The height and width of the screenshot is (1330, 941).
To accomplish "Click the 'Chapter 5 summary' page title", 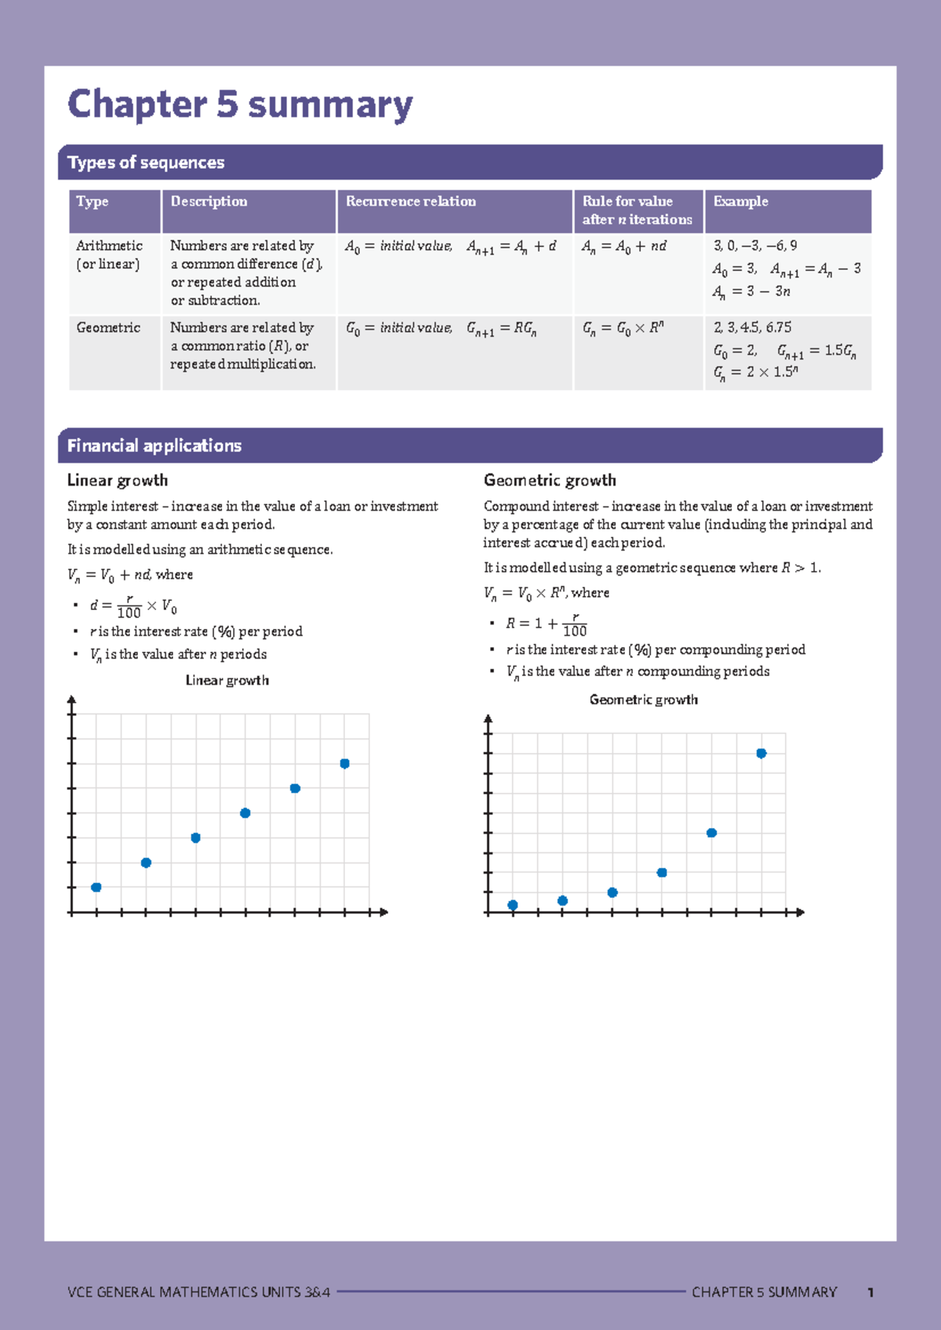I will point(239,104).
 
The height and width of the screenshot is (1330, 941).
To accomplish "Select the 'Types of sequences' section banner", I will point(146,162).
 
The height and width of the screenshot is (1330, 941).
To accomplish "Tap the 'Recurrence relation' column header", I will point(411,202).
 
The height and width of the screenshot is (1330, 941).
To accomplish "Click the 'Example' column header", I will point(740,202).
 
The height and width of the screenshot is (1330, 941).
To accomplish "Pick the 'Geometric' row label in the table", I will point(108,328).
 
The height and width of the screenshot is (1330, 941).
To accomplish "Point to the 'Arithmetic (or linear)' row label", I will point(109,255).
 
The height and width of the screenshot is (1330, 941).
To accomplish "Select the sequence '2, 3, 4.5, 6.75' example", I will point(752,328).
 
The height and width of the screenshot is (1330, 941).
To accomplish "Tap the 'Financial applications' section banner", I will point(154,445).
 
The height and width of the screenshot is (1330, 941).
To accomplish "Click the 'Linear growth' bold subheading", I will point(118,480).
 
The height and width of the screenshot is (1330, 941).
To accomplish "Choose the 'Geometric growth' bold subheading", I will point(550,480).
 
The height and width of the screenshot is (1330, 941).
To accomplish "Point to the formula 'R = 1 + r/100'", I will point(546,624).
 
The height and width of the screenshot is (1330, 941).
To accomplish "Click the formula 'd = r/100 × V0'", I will point(133,606).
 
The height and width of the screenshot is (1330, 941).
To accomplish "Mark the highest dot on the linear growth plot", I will point(344,763).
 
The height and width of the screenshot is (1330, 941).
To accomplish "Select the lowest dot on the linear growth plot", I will point(96,887).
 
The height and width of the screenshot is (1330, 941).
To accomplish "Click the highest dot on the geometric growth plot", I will point(761,753).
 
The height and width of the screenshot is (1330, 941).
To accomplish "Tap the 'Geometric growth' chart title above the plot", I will point(643,700).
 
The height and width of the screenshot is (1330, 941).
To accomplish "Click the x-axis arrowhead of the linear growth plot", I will point(383,912).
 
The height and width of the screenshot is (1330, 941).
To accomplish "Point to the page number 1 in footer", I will point(870,1292).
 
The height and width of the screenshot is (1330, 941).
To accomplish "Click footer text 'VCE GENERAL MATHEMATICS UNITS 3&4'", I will point(198,1292).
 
